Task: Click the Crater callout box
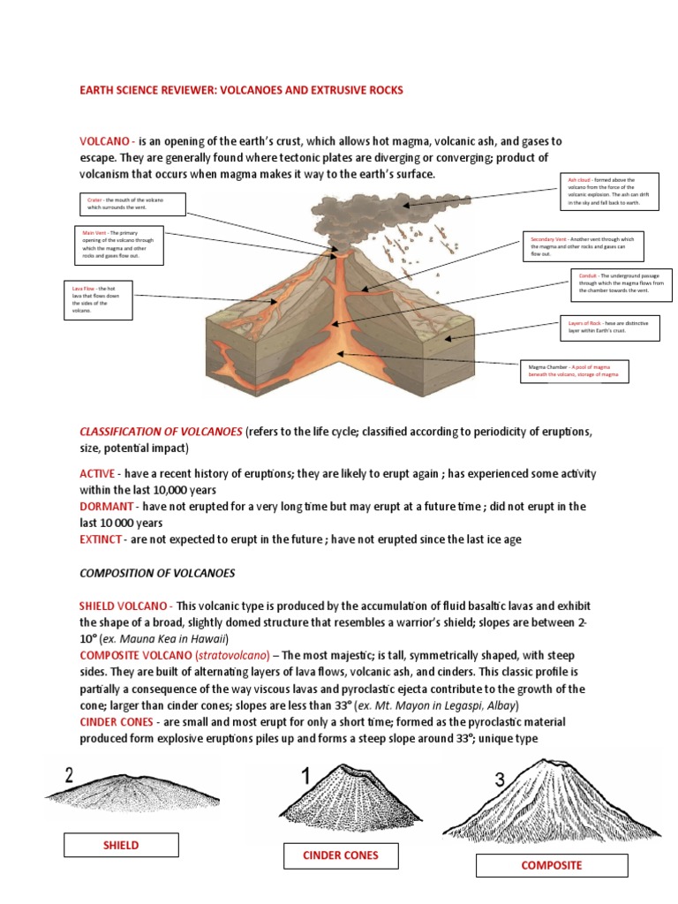(x=132, y=204)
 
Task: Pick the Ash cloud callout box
(x=610, y=192)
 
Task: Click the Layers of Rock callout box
(x=608, y=328)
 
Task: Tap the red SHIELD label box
(x=121, y=845)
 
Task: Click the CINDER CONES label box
(x=341, y=855)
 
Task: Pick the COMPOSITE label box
(x=551, y=865)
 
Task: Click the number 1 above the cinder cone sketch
(x=306, y=778)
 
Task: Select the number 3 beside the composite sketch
(x=500, y=779)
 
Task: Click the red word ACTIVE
(x=97, y=473)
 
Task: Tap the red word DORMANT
(x=107, y=506)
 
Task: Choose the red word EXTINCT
(x=102, y=539)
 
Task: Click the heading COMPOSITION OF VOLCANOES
(x=157, y=573)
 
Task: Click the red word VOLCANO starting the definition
(x=106, y=141)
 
